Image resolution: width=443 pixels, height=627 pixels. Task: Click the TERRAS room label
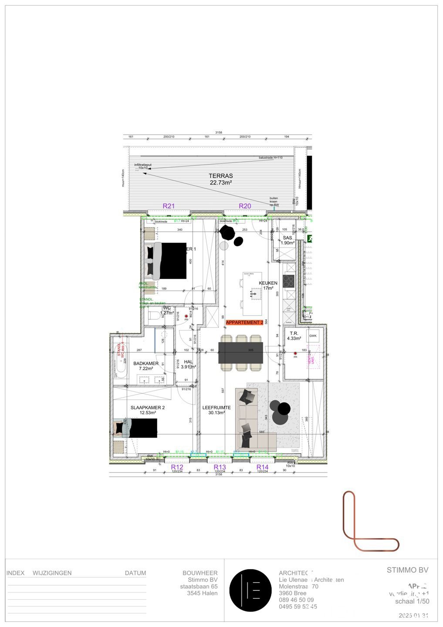coord(221,176)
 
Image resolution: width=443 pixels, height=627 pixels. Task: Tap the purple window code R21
coord(169,206)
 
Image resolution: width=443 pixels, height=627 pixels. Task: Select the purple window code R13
coord(220,467)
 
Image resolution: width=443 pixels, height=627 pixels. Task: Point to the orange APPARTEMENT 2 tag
coord(245,322)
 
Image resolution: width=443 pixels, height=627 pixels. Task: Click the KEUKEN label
coord(268,283)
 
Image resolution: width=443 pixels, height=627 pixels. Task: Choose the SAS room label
coord(287,238)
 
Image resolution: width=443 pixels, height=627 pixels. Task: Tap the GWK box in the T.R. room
coord(313,336)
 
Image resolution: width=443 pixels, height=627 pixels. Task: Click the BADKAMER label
coord(146,363)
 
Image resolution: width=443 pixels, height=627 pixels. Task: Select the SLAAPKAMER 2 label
coord(148,408)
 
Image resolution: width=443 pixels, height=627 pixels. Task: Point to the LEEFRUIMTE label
coord(216,408)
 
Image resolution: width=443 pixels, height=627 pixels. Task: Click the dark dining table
coord(241,353)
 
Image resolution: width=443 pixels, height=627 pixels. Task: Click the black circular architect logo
coord(250,590)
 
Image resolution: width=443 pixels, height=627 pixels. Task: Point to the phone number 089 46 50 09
coord(296,600)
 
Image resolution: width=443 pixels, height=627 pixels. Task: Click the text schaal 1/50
coord(412,601)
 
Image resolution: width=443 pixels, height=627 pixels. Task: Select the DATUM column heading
coord(135,573)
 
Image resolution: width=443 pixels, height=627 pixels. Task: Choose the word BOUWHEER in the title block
coord(200,573)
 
